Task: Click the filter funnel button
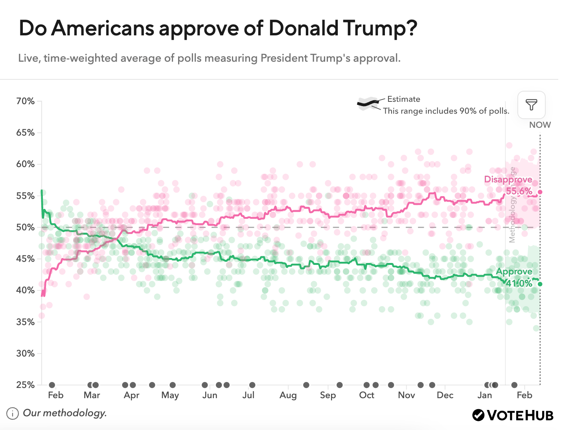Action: (531, 105)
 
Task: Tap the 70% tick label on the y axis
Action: (26, 101)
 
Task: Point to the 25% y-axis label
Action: (26, 385)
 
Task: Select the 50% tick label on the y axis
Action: (26, 228)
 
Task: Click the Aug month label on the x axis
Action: (288, 395)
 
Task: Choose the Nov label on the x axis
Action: (406, 395)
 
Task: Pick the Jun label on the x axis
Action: (210, 395)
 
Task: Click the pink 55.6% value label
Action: (519, 191)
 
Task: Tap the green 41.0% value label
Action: (519, 283)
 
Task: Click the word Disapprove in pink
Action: (508, 180)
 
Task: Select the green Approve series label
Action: (514, 272)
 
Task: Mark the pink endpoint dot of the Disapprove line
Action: (540, 192)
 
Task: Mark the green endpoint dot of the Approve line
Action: (540, 284)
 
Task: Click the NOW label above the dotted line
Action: (540, 125)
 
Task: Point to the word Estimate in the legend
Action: (403, 99)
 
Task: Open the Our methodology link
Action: (65, 413)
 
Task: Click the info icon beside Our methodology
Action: (13, 413)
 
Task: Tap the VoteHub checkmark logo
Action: (478, 415)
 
